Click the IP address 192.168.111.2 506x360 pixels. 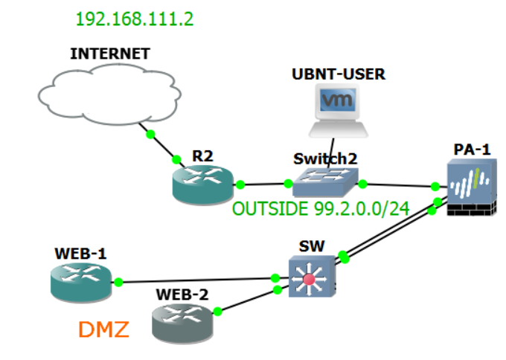point(135,19)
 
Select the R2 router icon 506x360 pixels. point(202,184)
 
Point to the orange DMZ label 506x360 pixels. point(104,330)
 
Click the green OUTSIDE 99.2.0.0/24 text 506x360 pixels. point(321,209)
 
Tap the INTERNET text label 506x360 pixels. point(109,54)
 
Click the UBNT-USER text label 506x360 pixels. point(339,74)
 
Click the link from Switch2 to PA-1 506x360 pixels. point(398,184)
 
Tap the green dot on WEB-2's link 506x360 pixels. point(217,312)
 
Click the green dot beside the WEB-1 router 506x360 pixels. point(118,282)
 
